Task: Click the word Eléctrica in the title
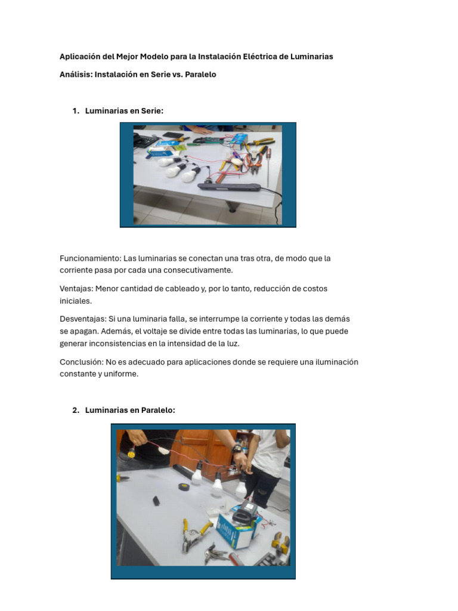point(259,57)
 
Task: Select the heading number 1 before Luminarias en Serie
point(76,110)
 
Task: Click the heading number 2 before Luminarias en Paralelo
point(76,410)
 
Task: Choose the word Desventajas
point(83,319)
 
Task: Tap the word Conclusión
point(82,362)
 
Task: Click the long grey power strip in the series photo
point(229,187)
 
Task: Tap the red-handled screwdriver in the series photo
point(268,168)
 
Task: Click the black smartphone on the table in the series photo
point(173,135)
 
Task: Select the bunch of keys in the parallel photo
point(215,552)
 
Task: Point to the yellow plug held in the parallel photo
point(132,453)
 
